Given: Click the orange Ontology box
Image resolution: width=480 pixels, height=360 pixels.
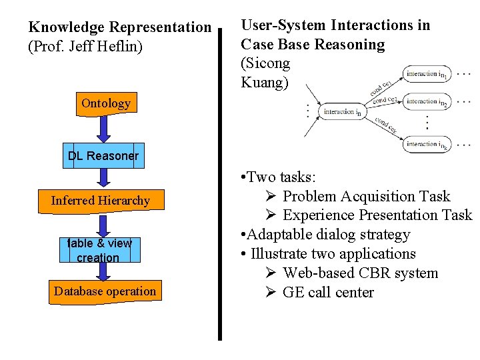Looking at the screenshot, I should click(105, 104).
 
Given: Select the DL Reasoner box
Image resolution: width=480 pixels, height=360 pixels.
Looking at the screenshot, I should click(103, 156).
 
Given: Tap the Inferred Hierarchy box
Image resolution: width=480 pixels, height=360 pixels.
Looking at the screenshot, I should click(101, 201).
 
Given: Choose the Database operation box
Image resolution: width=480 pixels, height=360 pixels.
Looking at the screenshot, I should click(105, 291).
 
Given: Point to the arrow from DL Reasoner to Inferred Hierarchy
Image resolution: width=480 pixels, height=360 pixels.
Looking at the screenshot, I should click(103, 177).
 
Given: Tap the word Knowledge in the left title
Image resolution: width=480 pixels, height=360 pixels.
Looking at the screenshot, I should click(67, 27).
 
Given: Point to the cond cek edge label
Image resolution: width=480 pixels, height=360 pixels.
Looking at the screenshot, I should click(385, 125).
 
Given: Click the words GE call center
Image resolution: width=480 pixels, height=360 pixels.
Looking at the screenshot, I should click(328, 293).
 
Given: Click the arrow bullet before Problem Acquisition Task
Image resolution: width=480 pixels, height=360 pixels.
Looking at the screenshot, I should click(271, 197).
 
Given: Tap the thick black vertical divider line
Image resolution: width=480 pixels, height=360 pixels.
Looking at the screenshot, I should click(220, 187).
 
